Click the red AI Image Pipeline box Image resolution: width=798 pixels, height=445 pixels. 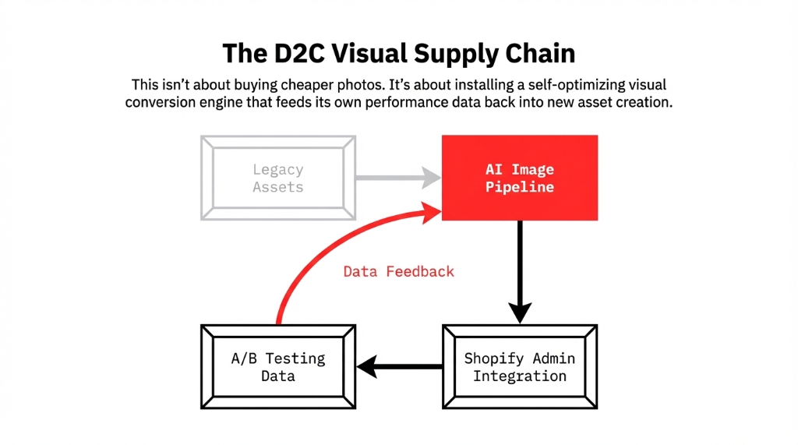(520, 178)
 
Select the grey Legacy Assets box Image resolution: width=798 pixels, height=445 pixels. (278, 178)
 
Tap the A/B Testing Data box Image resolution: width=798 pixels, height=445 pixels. (278, 366)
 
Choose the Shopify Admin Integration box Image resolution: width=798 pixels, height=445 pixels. (520, 366)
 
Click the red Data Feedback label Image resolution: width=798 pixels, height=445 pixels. (398, 271)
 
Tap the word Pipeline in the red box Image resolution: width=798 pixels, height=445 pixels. (520, 187)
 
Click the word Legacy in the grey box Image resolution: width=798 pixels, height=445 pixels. (278, 169)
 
